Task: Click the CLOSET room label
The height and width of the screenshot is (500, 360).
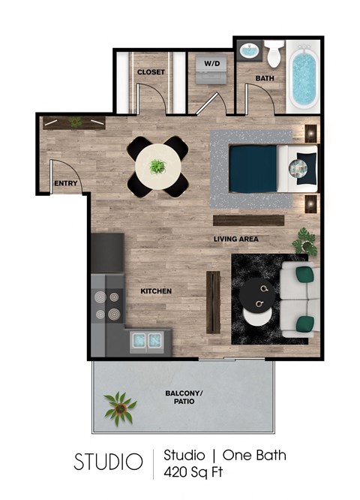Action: pyautogui.click(x=151, y=72)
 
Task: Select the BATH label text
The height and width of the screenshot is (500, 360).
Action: pyautogui.click(x=264, y=77)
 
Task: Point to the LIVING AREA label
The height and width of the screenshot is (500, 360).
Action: pyautogui.click(x=235, y=239)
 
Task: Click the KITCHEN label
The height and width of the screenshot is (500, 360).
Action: pyautogui.click(x=156, y=291)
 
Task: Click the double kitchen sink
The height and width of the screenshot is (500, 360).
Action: pyautogui.click(x=147, y=340)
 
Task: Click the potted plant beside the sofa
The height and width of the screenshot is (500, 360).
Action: pyautogui.click(x=305, y=240)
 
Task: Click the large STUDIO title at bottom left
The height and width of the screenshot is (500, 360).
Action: pyautogui.click(x=108, y=462)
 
